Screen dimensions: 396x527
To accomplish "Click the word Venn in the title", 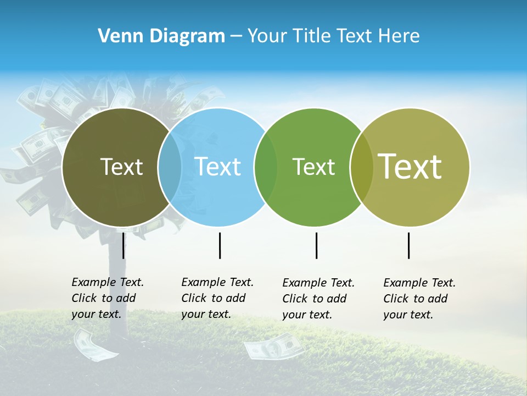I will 116,36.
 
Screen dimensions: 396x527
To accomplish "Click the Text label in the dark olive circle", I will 121,167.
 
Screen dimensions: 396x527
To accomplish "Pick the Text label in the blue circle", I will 218,167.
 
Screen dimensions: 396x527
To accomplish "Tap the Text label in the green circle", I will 313,167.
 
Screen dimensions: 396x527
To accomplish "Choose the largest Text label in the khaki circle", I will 410,166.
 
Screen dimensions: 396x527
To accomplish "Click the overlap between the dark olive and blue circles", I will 170,167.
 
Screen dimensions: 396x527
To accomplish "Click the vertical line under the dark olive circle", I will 124,245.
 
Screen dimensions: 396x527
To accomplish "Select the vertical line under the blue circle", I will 220,245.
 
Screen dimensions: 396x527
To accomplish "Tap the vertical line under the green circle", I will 316,245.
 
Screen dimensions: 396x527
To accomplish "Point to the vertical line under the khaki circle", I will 409,245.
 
